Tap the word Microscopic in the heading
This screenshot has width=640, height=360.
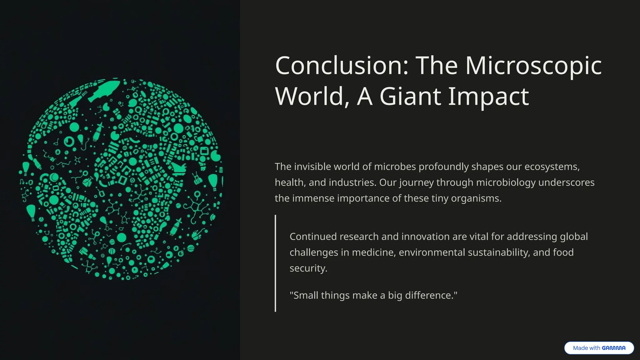533,66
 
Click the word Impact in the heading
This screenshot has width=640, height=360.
488,97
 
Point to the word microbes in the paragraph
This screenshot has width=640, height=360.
394,167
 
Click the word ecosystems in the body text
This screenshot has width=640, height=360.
552,167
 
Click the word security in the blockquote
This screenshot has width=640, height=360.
308,268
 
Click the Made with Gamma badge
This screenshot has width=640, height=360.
599,348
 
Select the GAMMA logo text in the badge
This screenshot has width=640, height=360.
613,348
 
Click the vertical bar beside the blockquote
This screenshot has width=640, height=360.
275,263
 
